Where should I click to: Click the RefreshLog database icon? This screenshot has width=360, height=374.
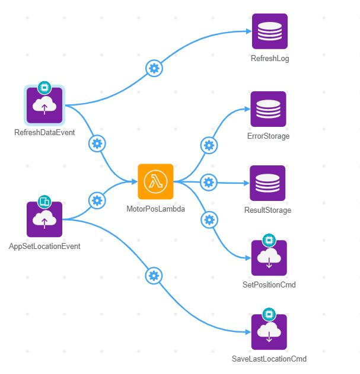tap(270, 31)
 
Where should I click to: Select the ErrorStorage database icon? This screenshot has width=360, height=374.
tap(268, 109)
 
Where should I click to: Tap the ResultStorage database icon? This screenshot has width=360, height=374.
tap(267, 183)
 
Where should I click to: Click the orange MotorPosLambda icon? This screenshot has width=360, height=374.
tap(155, 182)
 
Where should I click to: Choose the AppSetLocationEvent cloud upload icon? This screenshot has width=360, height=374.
tap(44, 219)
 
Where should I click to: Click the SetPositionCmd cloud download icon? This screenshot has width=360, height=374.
tap(269, 258)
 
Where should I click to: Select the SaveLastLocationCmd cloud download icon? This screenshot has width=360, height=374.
tap(269, 332)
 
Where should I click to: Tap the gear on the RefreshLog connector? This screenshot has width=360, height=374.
tap(154, 68)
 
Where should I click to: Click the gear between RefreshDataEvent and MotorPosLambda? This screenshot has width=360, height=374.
tap(97, 143)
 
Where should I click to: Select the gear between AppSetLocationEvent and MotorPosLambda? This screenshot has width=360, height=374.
tap(97, 200)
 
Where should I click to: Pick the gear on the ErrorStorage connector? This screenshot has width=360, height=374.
tap(208, 145)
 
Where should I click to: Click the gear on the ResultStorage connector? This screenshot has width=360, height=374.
tap(208, 182)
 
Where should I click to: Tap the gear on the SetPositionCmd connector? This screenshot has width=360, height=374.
tap(209, 220)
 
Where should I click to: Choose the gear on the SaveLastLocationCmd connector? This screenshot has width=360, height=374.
tap(154, 276)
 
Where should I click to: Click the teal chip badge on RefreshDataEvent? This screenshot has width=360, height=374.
tap(43, 88)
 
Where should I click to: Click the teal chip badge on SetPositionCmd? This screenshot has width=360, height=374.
tap(269, 241)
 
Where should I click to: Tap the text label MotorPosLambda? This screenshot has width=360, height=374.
tap(155, 209)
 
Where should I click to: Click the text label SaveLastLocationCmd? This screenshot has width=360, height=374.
tap(269, 359)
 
